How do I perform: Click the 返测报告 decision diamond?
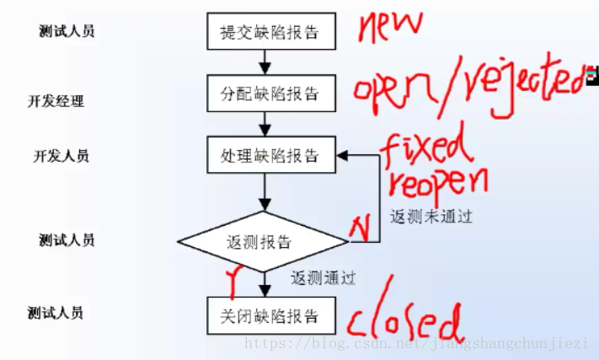(261, 242)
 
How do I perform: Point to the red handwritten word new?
(388, 25)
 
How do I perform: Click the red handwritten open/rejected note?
(468, 88)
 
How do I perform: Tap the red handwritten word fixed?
(428, 150)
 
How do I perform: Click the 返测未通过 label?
(431, 216)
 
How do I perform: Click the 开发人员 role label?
(61, 156)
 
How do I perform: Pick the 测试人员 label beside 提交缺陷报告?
(67, 31)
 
